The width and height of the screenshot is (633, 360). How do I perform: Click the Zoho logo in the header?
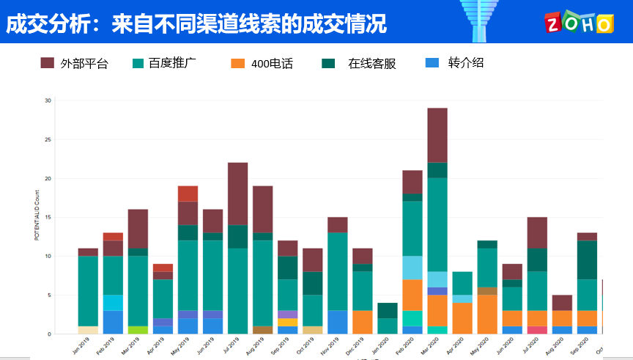(x=578, y=22)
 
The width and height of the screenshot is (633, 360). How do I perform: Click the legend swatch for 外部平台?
(x=48, y=63)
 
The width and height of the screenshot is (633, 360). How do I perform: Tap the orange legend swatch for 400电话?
(x=237, y=63)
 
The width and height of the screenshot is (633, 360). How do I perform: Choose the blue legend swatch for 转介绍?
(x=432, y=63)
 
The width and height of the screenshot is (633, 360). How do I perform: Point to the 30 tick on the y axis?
(x=48, y=100)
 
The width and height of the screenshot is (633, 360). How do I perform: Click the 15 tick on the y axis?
(x=48, y=217)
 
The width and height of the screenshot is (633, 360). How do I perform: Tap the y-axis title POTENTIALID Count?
(x=37, y=217)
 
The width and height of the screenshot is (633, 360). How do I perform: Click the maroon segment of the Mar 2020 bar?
(x=437, y=135)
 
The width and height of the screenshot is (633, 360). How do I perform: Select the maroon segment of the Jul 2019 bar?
(x=237, y=194)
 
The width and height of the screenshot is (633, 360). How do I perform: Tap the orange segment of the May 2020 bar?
(x=487, y=314)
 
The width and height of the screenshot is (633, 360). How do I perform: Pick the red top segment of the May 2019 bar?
(x=188, y=194)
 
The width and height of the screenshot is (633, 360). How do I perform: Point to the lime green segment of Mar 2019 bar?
(x=138, y=330)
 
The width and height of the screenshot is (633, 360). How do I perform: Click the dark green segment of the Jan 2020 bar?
(x=388, y=310)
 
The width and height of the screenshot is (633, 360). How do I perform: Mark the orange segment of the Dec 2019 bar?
(x=363, y=322)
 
